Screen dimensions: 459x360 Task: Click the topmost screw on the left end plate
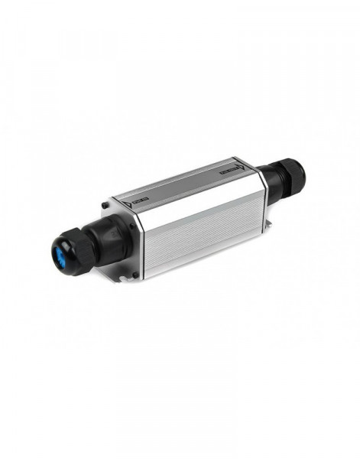click(x=105, y=204)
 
